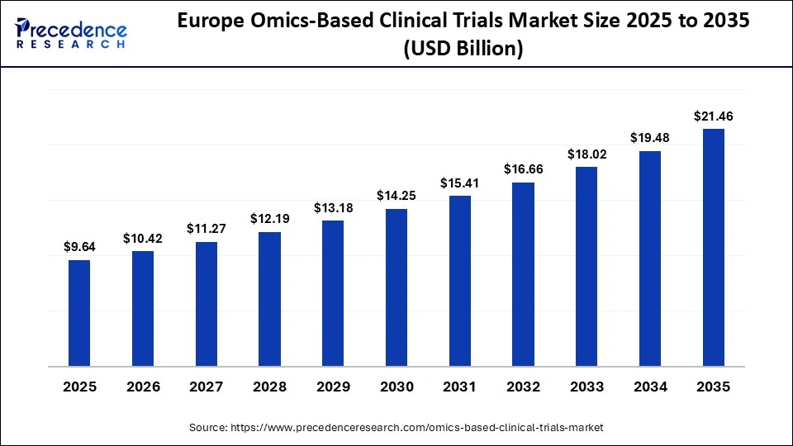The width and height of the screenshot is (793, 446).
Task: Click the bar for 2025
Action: [x=79, y=313]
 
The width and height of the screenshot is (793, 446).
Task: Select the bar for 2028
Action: [x=269, y=299]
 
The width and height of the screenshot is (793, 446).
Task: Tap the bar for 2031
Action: [x=460, y=281]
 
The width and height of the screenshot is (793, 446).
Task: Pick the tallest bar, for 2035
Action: [x=714, y=247]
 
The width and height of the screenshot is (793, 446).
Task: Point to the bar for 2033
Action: [x=586, y=266]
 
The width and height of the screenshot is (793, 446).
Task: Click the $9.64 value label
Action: [x=79, y=246]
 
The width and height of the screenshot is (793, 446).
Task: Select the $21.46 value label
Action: [x=714, y=116]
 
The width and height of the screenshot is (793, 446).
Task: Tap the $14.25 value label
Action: [x=396, y=195]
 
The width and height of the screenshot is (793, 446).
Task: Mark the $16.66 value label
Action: [x=524, y=168]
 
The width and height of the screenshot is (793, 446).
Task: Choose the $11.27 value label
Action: [x=207, y=228]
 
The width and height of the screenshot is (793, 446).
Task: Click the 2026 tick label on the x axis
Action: [x=143, y=387]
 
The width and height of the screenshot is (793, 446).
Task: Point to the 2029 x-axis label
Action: [x=333, y=387]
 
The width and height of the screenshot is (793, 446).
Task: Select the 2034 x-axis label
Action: [x=650, y=387]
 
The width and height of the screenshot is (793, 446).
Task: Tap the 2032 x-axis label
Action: [x=524, y=387]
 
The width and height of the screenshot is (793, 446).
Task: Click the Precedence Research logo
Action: [x=71, y=33]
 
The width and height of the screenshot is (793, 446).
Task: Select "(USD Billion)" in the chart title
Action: [x=463, y=50]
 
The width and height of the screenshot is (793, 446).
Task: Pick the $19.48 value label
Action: [x=650, y=137]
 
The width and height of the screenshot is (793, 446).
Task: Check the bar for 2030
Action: [x=396, y=287]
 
